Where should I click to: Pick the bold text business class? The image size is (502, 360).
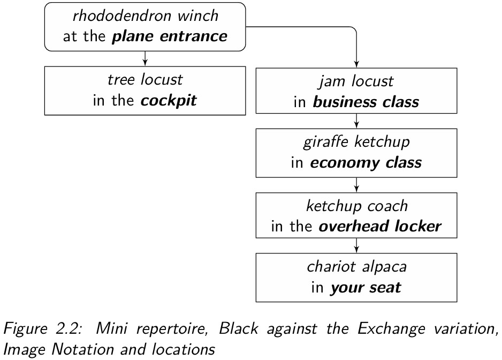366,102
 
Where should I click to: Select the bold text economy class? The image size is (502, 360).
366,163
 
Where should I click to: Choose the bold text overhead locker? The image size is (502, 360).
380,226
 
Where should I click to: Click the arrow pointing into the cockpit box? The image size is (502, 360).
145,59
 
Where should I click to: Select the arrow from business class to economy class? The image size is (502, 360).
356,121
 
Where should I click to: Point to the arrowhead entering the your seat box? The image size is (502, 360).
356,250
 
